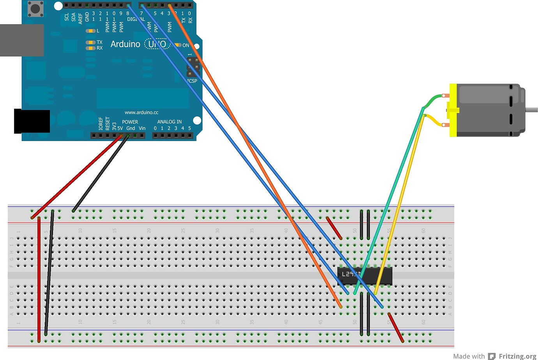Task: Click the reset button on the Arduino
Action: click(x=35, y=8)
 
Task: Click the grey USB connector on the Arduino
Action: click(x=21, y=40)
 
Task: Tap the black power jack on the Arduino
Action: click(x=32, y=121)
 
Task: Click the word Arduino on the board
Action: click(x=125, y=44)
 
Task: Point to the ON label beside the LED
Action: click(x=186, y=45)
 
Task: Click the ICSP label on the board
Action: click(x=192, y=81)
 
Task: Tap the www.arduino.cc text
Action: click(x=142, y=112)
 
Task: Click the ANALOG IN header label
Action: click(x=169, y=122)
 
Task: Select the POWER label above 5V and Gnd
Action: click(x=130, y=122)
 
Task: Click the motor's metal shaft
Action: click(x=531, y=110)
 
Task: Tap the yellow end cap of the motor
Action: click(x=453, y=110)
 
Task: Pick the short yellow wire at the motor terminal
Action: click(x=434, y=120)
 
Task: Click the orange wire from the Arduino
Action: click(x=250, y=148)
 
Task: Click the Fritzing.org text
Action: click(x=517, y=356)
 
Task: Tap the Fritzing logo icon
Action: click(x=492, y=356)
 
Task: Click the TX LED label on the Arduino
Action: click(x=99, y=42)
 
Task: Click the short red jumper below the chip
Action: click(x=396, y=327)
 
